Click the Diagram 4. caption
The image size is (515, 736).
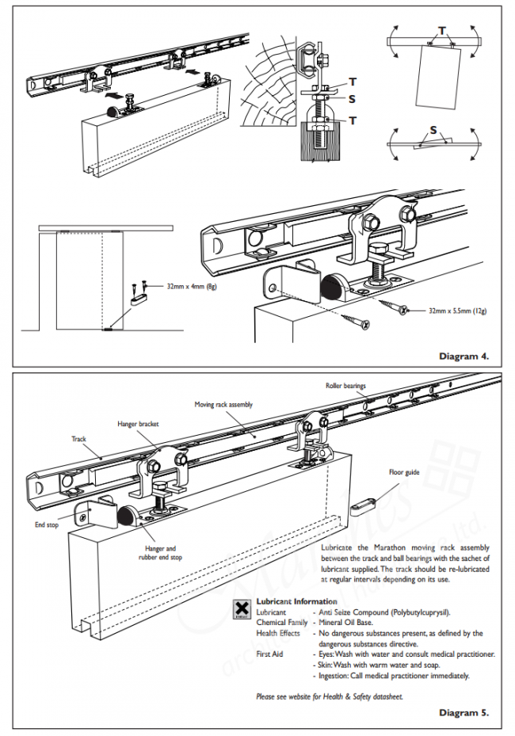[x=463, y=357]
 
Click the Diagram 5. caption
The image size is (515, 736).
[x=463, y=712]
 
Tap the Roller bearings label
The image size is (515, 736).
[x=345, y=386]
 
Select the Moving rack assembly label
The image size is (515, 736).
[x=223, y=404]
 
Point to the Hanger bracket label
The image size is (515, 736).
[x=138, y=424]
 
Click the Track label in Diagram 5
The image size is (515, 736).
[x=79, y=438]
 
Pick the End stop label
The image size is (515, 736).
[x=46, y=524]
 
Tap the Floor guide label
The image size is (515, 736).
[x=404, y=473]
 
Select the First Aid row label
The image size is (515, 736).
[x=269, y=654]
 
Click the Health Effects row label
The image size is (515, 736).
[x=278, y=633]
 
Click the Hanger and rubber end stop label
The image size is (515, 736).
[x=160, y=553]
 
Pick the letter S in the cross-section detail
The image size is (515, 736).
[x=351, y=100]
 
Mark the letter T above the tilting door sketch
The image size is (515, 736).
[x=441, y=30]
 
